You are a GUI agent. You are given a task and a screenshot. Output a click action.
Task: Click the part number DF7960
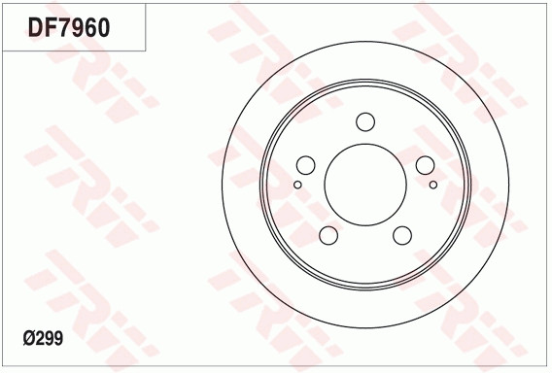point(69,27)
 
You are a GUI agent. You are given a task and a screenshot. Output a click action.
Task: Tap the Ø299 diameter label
point(43,338)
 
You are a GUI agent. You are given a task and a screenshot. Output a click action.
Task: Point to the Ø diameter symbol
point(28,338)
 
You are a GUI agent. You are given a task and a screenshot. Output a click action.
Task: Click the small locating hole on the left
point(297,185)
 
